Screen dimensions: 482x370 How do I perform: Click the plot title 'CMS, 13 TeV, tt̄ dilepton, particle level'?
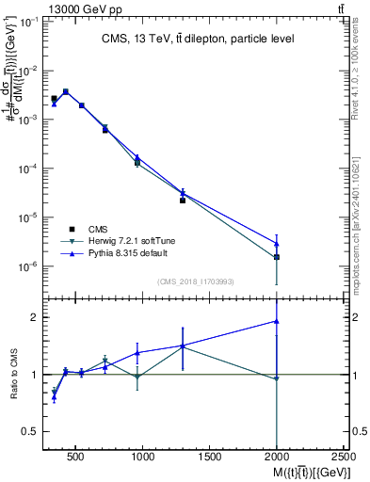coord(197,39)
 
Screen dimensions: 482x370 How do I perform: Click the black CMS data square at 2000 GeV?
coord(277,257)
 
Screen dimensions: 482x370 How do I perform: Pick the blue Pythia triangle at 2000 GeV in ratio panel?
coord(277,321)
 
